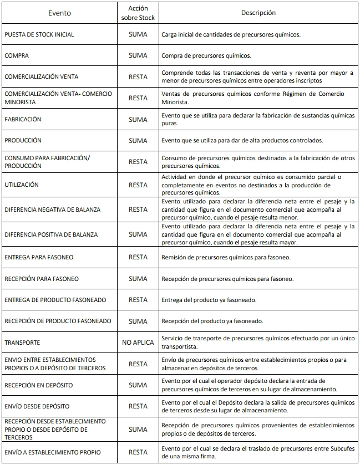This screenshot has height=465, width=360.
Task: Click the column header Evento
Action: click(59, 13)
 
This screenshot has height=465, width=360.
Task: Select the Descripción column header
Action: click(258, 13)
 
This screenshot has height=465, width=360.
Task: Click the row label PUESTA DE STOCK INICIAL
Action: click(39, 34)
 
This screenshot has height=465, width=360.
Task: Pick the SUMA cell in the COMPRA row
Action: click(138, 56)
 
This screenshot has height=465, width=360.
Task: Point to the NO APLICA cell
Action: click(138, 343)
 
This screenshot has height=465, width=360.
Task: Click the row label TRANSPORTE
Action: click(22, 343)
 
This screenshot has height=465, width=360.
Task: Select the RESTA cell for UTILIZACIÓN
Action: click(138, 185)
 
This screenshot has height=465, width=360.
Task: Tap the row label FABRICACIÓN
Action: click(23, 119)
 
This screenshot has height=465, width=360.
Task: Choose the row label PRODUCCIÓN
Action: click(23, 141)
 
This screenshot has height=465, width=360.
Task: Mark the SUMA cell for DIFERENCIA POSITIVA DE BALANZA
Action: click(138, 234)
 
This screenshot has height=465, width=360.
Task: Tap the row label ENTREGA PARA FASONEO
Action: click(39, 258)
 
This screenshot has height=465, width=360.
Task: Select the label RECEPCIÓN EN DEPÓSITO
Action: click(38, 385)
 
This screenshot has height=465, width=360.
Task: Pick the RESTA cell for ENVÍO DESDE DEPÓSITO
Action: click(138, 406)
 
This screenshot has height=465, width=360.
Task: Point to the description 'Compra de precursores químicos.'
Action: click(206, 56)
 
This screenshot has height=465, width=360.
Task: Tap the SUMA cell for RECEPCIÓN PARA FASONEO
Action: click(138, 279)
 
